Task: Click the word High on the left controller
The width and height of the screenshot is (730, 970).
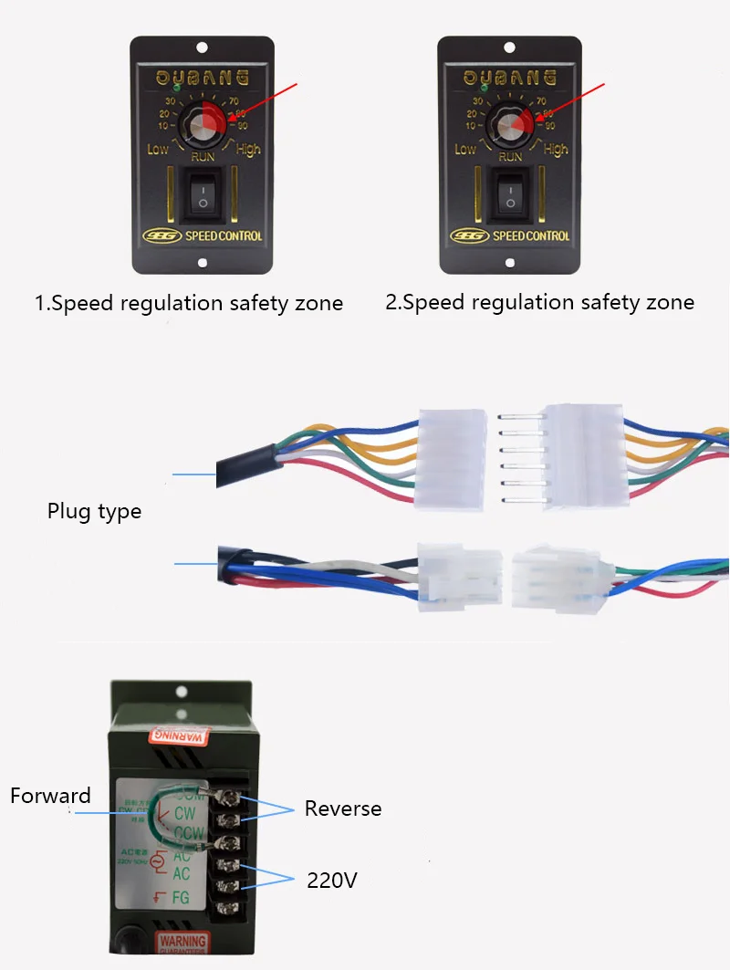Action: (248, 149)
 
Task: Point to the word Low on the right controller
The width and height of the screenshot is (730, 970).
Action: (465, 149)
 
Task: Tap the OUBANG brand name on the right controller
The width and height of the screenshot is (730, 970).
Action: (510, 77)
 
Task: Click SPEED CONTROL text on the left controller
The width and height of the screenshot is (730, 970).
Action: (224, 236)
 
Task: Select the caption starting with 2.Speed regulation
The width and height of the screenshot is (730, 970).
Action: (539, 302)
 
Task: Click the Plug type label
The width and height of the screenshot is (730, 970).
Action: (94, 511)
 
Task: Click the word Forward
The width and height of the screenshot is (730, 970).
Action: (50, 796)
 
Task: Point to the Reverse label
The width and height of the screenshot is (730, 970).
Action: (343, 808)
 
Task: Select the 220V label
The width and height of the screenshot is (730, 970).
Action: (331, 880)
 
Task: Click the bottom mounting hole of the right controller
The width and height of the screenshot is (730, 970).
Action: (510, 265)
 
